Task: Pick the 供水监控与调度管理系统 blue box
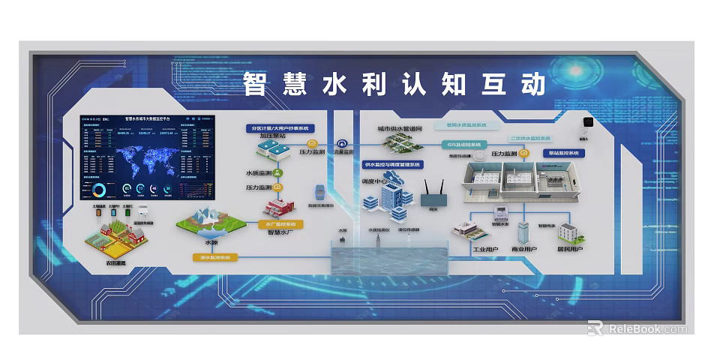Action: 392,164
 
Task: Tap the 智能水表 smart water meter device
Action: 499,212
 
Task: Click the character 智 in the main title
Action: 256,85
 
